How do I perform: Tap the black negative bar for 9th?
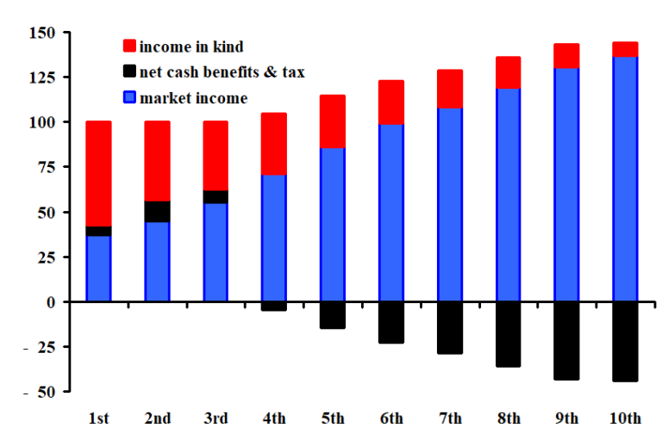point(566,340)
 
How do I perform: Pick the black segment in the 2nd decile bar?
point(157,211)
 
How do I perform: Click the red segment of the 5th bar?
point(333,121)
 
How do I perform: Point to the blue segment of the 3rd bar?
point(215,252)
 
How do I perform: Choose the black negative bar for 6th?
point(391,322)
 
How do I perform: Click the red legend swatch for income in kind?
point(129,46)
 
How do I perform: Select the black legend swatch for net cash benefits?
point(129,71)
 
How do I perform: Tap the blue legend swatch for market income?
point(129,98)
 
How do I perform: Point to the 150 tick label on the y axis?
point(41,33)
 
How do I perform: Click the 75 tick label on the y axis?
point(45,167)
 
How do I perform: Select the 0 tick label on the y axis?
point(50,302)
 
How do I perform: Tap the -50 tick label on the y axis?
point(40,392)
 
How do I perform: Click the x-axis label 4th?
point(274,418)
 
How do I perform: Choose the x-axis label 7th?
point(450,418)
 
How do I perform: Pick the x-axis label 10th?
point(625,418)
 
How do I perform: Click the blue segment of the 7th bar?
point(450,204)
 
